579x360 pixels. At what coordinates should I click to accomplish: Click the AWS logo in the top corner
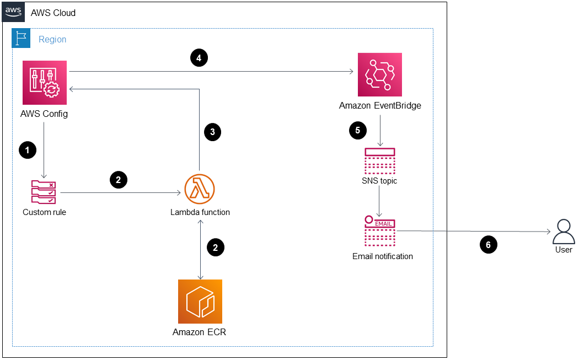13,12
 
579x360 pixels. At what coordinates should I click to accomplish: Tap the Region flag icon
21,38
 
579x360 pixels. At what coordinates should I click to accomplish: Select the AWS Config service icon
45,83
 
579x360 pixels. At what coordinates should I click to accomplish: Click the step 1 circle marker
27,149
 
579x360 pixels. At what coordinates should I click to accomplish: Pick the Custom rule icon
44,192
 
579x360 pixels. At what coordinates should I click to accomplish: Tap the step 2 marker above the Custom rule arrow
119,179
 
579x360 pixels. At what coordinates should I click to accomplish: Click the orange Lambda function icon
200,189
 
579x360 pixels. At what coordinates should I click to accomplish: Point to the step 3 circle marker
212,132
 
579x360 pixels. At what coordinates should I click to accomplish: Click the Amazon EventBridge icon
380,75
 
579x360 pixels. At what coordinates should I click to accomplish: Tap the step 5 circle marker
358,131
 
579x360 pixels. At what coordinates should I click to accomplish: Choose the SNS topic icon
380,161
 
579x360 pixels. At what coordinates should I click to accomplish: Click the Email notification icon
380,231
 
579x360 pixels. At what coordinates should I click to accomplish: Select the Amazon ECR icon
200,302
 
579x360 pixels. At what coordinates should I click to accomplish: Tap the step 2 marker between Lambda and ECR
215,248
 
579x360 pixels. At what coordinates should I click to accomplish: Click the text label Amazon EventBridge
380,106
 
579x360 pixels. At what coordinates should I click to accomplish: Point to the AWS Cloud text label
53,13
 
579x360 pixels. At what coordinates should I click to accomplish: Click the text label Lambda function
200,212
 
